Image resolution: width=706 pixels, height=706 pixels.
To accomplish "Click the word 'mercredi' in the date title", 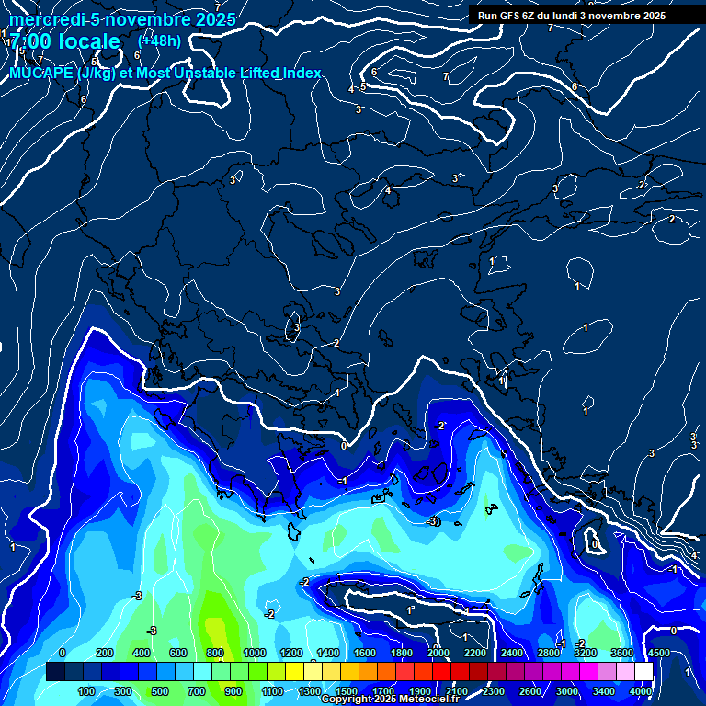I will tap(43, 19).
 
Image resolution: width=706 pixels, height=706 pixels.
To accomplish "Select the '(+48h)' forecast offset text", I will tap(159, 40).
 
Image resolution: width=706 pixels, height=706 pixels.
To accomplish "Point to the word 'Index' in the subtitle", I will tap(301, 73).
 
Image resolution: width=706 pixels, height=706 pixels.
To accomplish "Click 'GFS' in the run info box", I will tap(509, 16).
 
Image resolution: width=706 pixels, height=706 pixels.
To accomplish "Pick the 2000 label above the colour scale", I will tap(438, 653).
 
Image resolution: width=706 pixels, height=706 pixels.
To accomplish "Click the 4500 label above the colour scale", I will tap(658, 653).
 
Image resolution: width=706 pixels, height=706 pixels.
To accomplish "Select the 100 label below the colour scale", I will tap(86, 690).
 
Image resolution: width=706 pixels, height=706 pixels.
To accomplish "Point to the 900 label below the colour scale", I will tap(233, 690).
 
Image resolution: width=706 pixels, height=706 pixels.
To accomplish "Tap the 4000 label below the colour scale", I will tap(641, 690).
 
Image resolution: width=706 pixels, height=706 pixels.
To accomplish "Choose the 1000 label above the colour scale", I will tap(255, 653).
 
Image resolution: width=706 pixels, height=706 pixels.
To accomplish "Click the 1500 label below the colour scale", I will tap(347, 690).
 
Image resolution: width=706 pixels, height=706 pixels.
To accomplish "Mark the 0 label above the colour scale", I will tap(62, 653).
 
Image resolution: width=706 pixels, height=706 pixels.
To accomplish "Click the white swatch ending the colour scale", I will tap(643, 672).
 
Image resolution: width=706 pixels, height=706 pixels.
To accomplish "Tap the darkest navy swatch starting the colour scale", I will tap(55, 672).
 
